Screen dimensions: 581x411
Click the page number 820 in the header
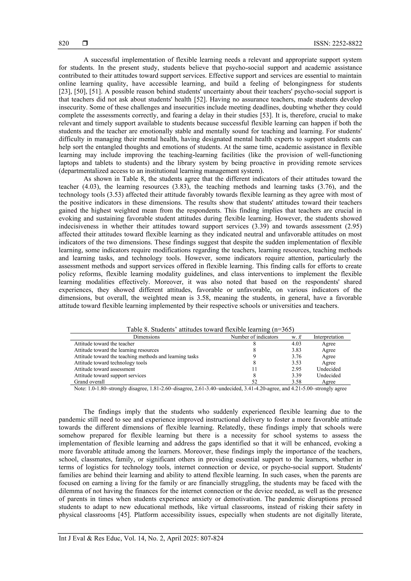(x=64, y=44)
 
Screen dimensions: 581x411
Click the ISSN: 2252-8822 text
(x=338, y=44)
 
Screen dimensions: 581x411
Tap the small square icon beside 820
(x=85, y=44)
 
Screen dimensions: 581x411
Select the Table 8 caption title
(x=210, y=329)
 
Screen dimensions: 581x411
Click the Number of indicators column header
(x=254, y=337)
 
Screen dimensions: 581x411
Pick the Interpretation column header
(x=329, y=337)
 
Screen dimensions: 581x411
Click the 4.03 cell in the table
(x=296, y=344)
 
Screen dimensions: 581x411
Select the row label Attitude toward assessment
(x=104, y=369)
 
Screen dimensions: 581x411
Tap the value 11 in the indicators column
(x=254, y=369)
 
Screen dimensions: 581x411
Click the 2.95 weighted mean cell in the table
(x=296, y=369)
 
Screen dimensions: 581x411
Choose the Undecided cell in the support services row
(x=329, y=375)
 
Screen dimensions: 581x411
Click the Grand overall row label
(x=89, y=382)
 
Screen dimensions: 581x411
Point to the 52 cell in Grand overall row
(x=254, y=382)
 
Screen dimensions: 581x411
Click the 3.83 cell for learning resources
(x=296, y=350)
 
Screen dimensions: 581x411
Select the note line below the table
(x=210, y=388)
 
